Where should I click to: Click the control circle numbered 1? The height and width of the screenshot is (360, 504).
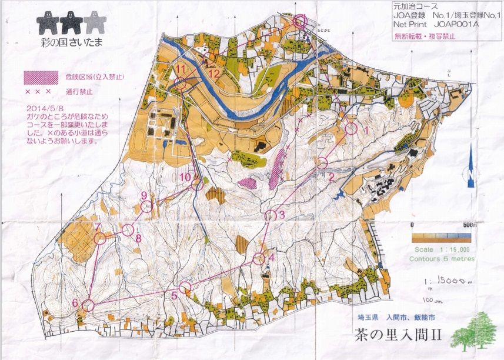352,128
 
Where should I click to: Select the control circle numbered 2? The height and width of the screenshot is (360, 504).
323,163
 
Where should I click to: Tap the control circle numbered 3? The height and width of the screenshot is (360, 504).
271,216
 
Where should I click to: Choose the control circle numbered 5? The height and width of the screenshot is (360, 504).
185,288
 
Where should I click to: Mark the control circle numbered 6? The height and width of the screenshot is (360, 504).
88,305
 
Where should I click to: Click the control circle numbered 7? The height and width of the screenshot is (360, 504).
100,238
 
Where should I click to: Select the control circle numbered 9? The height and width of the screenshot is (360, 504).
147,206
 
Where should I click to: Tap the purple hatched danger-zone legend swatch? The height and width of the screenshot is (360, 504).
40,76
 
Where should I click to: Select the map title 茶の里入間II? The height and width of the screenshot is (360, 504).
398,336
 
